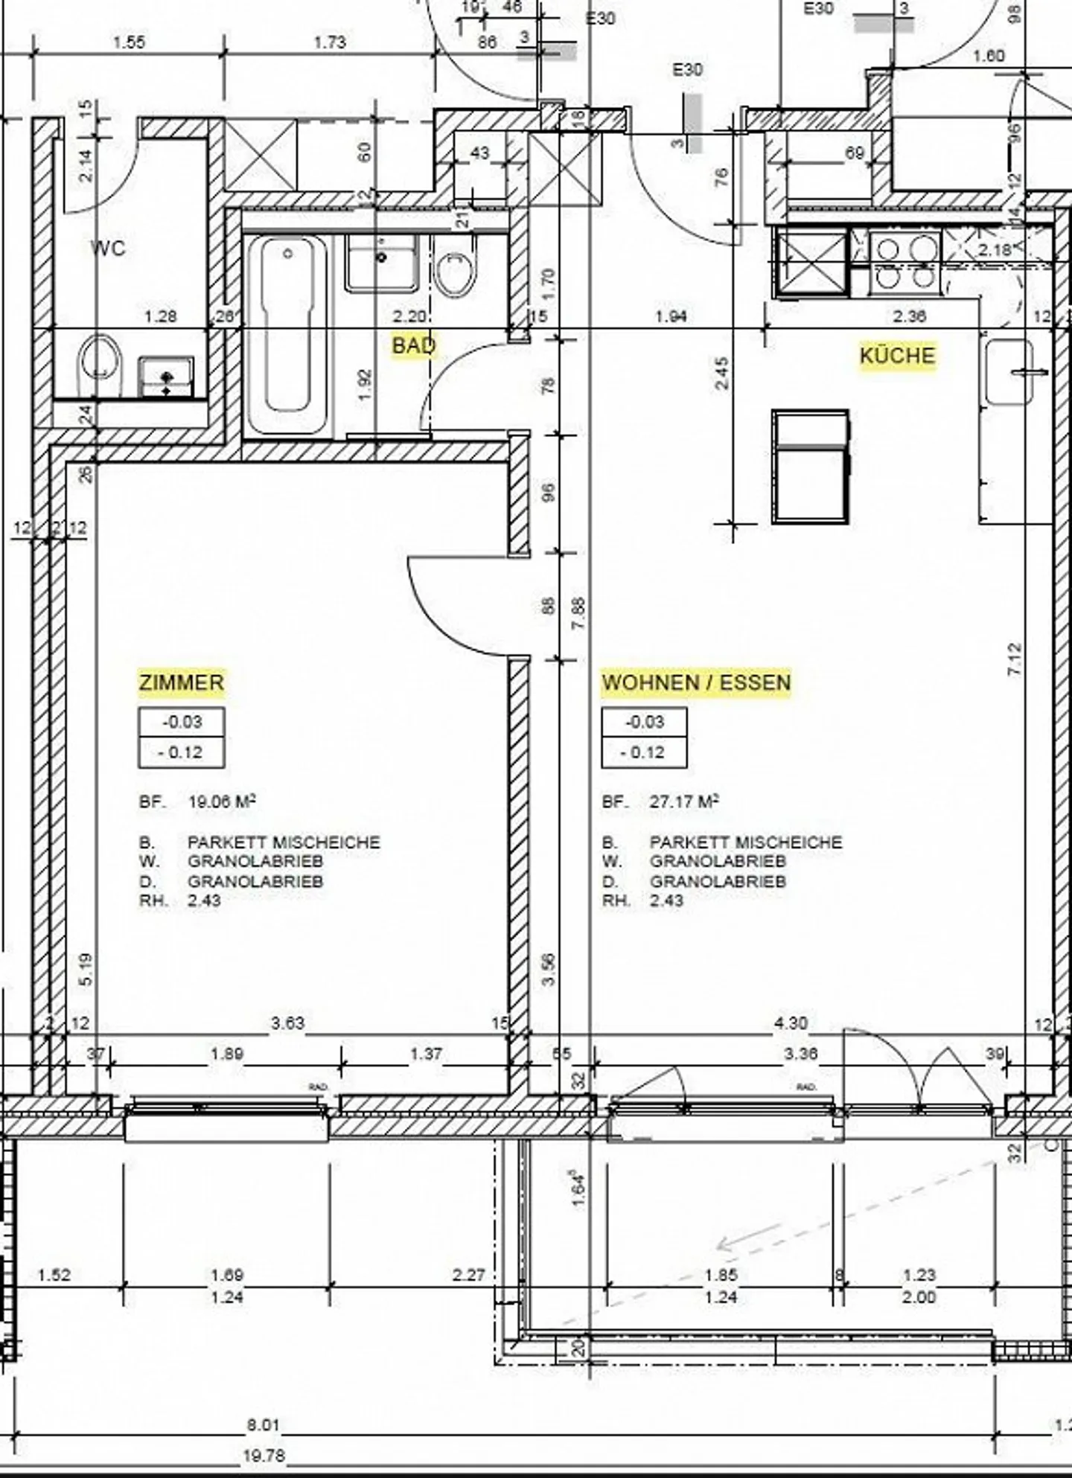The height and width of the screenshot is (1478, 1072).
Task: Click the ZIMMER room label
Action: [x=181, y=682]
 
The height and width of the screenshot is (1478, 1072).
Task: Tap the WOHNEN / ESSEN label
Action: [x=696, y=682]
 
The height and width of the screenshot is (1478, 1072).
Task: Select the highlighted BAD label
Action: [x=414, y=345]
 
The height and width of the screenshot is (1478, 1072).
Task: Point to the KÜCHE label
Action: [x=897, y=355]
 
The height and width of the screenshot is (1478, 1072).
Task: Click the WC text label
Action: [x=108, y=248]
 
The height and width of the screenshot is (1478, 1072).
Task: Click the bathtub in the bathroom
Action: [x=287, y=335]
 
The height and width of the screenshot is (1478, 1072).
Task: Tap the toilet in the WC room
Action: [x=100, y=365]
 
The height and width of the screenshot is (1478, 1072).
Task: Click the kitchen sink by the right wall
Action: [x=1009, y=372]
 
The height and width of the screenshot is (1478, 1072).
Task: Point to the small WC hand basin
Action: [x=166, y=377]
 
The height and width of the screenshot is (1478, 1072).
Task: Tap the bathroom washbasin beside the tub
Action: [x=381, y=263]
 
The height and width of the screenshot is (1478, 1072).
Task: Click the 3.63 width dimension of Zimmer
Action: [x=287, y=1023]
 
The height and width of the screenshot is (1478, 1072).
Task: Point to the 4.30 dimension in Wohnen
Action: [x=790, y=1023]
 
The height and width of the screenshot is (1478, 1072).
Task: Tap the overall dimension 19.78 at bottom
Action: [x=264, y=1455]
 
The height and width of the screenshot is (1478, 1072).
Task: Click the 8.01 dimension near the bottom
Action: [x=264, y=1425]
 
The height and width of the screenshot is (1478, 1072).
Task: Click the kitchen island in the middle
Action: [x=811, y=466]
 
